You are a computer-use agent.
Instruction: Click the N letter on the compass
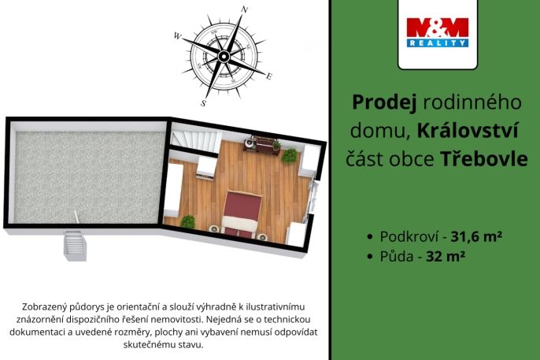245,10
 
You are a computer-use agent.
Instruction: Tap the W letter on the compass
178,36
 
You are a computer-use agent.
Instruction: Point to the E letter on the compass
269,76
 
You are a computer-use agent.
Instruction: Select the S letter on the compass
203,102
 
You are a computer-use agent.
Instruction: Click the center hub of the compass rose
224,56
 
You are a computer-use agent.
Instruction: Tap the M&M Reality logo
438,33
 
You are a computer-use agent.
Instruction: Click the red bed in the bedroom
242,211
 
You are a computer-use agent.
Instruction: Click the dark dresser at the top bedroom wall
261,143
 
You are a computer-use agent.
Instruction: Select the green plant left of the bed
187,222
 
